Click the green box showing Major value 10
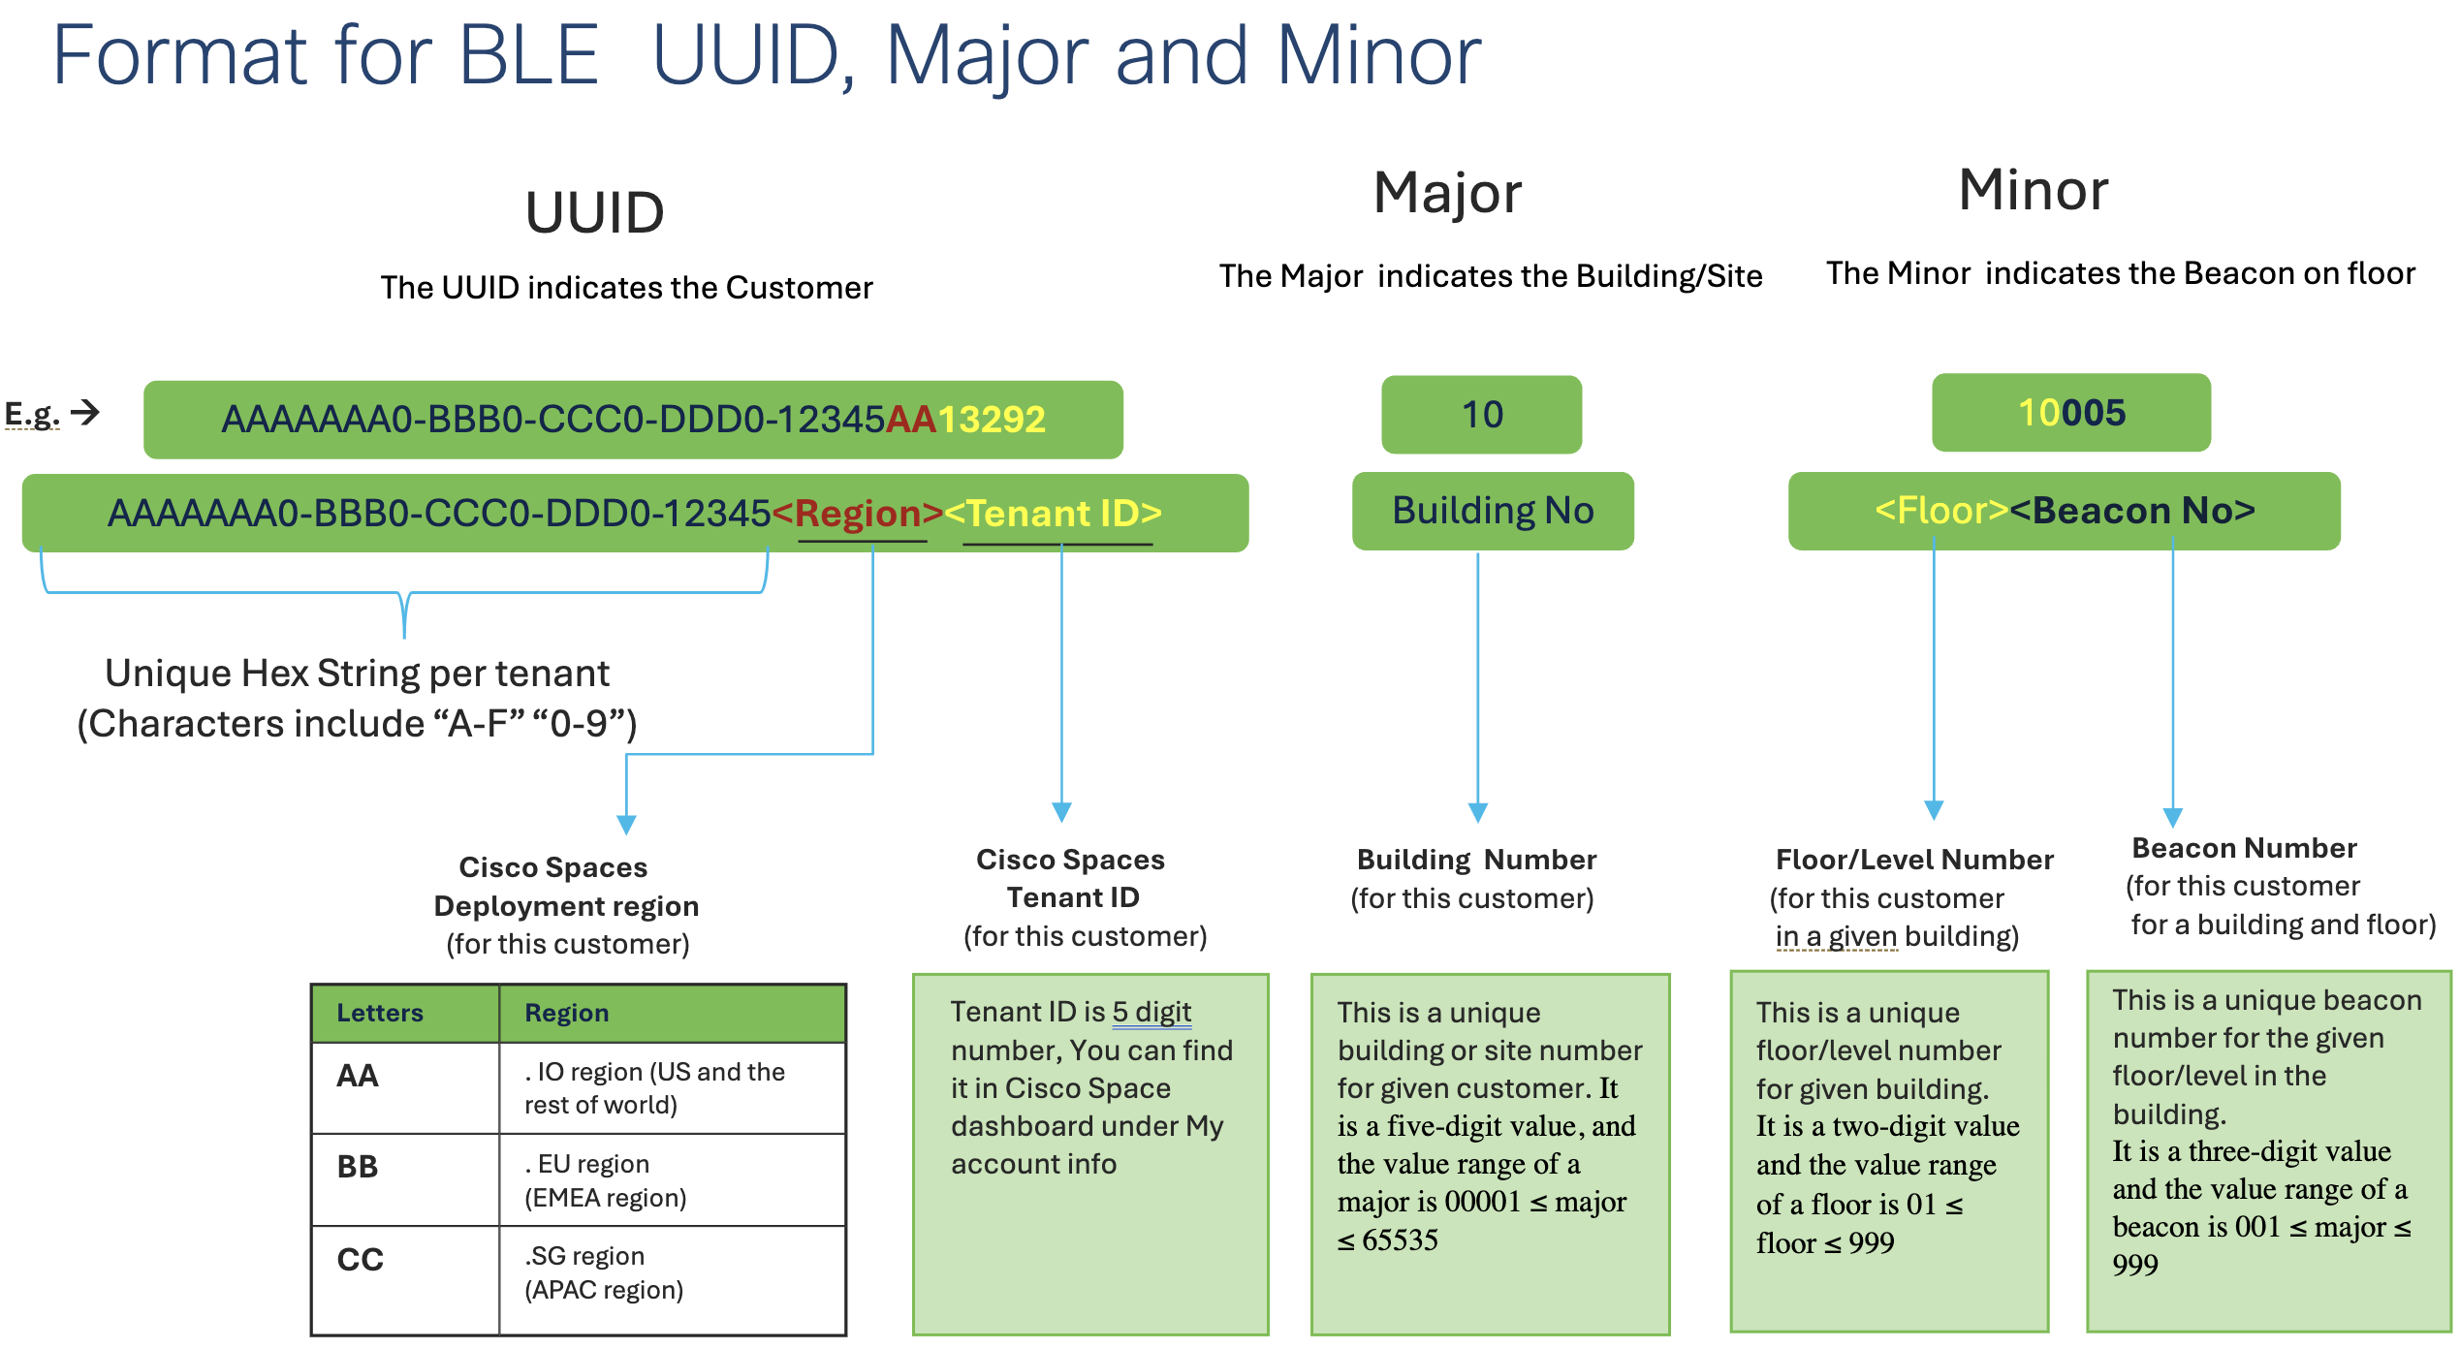click(x=1481, y=415)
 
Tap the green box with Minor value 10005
click(x=2071, y=413)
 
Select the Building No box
click(x=1493, y=511)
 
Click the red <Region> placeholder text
click(x=858, y=513)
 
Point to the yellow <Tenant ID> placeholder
click(x=1053, y=513)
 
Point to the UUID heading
click(x=594, y=213)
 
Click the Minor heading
click(x=2034, y=190)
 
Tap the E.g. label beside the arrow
click(x=32, y=415)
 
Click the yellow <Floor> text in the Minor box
click(x=1941, y=511)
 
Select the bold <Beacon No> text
click(x=2132, y=511)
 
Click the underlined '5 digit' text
click(x=1151, y=1012)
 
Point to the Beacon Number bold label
click(x=2244, y=848)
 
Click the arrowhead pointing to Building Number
click(x=1478, y=812)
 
